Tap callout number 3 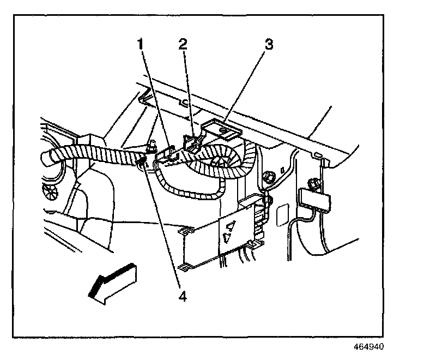pos(267,44)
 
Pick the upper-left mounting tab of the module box pos(187,232)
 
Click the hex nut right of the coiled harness pos(268,177)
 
